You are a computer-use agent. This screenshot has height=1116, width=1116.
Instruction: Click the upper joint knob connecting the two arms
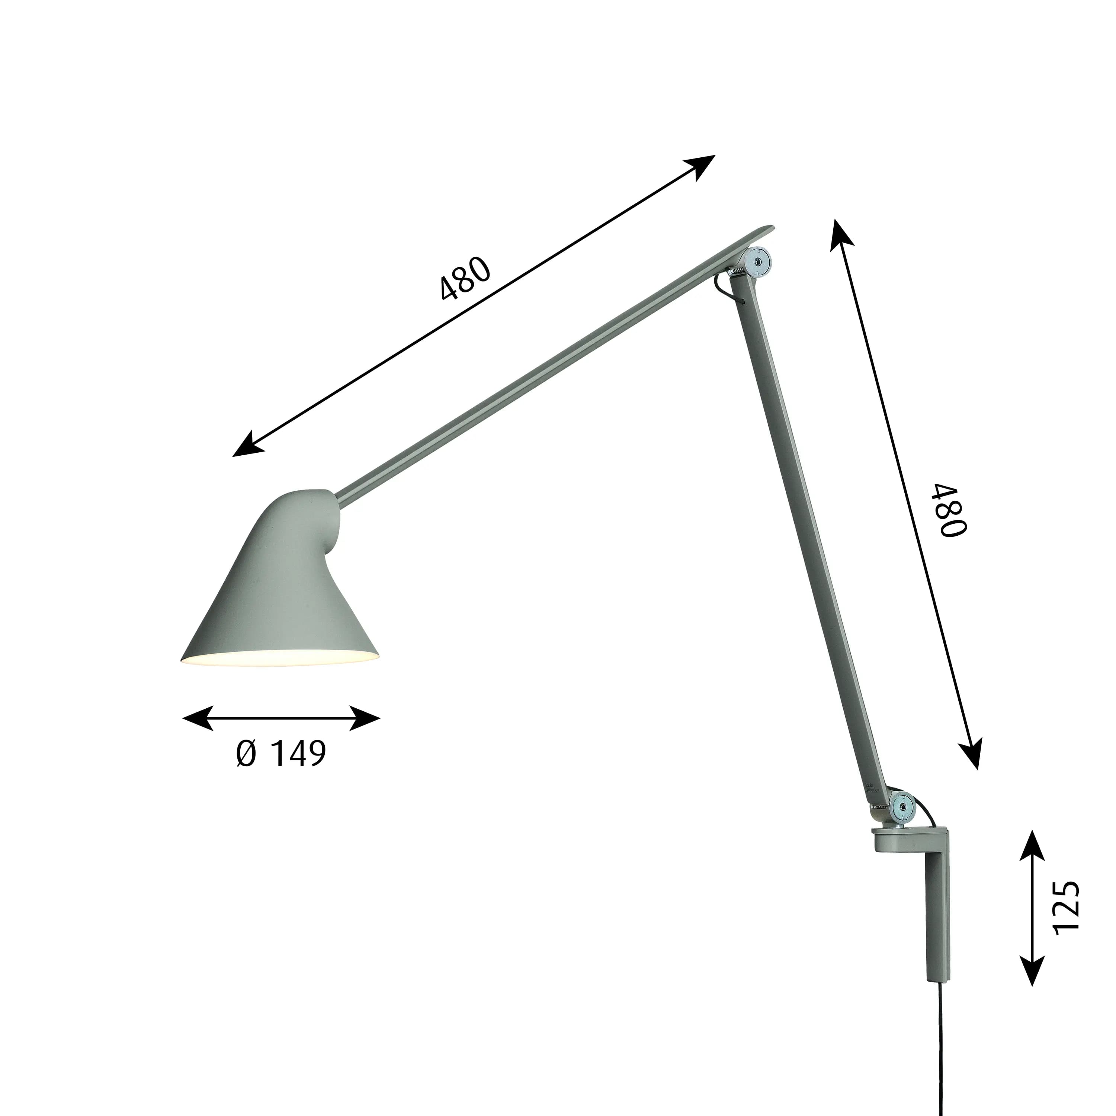757,262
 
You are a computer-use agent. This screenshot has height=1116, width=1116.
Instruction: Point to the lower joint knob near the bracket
902,805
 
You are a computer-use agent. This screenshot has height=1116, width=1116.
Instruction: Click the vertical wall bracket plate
937,918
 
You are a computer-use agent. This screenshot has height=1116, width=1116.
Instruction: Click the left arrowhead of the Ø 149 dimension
196,718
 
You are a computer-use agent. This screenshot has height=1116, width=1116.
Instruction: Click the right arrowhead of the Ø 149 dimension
366,718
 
